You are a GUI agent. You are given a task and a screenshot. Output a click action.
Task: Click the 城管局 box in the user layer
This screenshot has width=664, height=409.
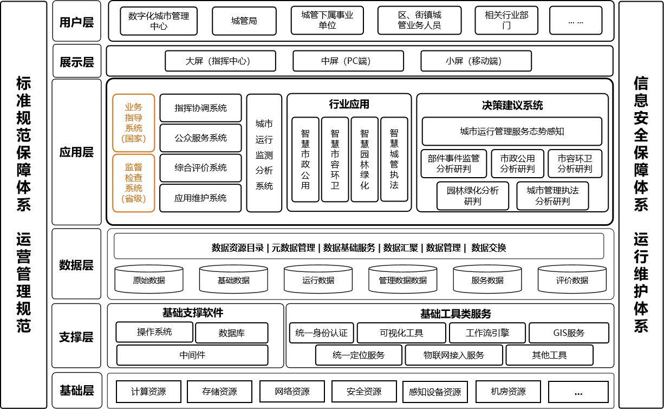point(244,21)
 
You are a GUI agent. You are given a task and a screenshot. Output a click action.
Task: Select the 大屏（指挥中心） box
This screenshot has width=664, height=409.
point(220,61)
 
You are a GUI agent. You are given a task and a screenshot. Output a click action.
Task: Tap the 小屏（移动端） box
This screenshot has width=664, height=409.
point(476,61)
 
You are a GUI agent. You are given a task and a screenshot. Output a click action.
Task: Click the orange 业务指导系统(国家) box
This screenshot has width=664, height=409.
point(134,123)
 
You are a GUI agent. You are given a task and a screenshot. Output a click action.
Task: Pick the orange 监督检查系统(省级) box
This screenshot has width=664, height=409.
point(134,183)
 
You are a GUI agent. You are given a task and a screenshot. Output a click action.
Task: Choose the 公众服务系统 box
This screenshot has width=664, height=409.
point(200,138)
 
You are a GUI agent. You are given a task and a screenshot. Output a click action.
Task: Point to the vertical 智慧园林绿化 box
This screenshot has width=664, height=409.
point(364,159)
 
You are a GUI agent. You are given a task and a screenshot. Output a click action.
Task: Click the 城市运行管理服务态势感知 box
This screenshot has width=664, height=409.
point(512,131)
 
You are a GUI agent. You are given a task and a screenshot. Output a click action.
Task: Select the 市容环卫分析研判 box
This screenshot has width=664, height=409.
point(575,164)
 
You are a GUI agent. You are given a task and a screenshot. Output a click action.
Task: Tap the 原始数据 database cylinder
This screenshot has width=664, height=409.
point(149,279)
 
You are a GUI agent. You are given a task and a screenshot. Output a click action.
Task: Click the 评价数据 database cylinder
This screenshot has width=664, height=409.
point(572,279)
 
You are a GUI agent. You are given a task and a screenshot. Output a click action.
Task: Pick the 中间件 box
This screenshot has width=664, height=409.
point(192,355)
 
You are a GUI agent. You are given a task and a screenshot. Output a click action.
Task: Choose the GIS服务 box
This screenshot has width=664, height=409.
point(569,333)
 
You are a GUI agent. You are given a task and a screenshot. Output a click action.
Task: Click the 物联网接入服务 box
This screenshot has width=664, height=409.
point(454,355)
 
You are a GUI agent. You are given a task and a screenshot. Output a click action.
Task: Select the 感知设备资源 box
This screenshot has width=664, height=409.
point(435,392)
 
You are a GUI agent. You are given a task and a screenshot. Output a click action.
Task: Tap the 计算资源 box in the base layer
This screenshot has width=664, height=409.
point(148,392)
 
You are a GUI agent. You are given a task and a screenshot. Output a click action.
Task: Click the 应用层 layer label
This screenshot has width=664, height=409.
point(76,152)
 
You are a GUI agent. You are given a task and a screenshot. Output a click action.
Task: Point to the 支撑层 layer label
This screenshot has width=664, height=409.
point(76,337)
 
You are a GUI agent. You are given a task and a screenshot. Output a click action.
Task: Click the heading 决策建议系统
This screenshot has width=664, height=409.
point(512,105)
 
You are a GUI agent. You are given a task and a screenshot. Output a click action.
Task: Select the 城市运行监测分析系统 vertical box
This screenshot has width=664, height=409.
point(264,153)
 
